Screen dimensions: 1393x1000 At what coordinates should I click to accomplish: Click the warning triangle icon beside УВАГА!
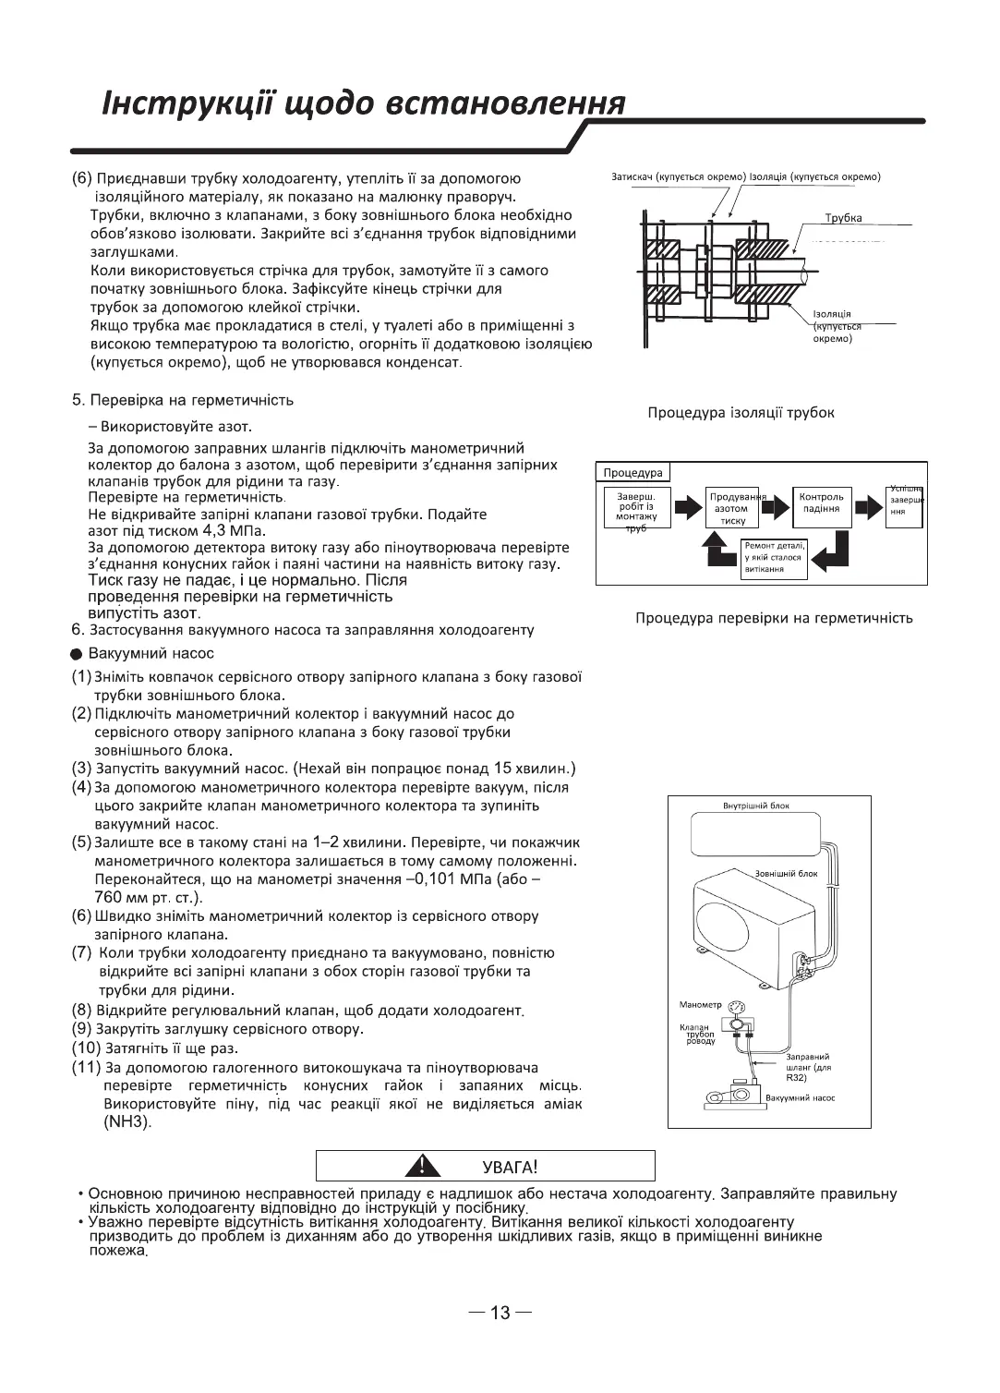(x=423, y=1165)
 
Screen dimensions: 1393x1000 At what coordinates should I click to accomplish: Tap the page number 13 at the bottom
(x=500, y=1313)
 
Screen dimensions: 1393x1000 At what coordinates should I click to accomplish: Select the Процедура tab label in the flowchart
(x=633, y=473)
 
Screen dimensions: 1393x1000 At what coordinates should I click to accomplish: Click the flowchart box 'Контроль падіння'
(x=821, y=503)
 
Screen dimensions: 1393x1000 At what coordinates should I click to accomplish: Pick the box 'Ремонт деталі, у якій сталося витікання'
(x=774, y=557)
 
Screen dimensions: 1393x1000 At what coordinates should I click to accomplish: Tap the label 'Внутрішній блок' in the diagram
(x=755, y=806)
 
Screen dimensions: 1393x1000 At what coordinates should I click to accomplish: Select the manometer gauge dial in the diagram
(x=736, y=1008)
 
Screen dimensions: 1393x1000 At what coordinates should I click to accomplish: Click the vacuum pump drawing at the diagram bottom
(x=732, y=1095)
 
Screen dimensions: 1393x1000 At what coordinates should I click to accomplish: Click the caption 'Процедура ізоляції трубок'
(x=741, y=412)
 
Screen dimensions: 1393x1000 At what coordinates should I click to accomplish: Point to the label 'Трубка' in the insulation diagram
(x=843, y=218)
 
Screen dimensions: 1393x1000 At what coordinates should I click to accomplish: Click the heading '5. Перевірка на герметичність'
(x=183, y=400)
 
